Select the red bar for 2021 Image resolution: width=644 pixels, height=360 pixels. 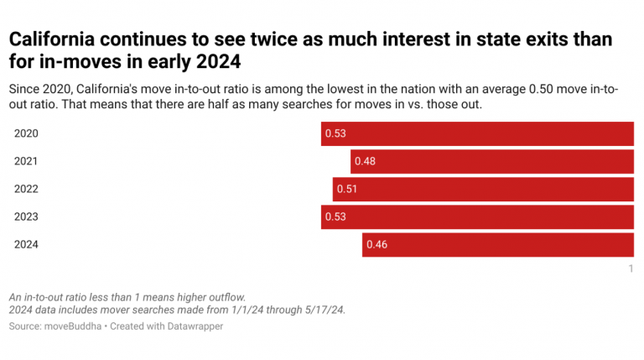(491, 161)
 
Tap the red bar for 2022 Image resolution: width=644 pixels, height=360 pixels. (482, 189)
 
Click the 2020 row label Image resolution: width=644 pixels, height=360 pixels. (27, 133)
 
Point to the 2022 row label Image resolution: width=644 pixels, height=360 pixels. (27, 189)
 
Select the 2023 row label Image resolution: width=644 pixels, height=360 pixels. (27, 217)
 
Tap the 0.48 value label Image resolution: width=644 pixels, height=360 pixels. (366, 161)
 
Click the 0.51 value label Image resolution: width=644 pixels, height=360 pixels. (347, 189)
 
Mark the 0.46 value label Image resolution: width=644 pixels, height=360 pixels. (377, 244)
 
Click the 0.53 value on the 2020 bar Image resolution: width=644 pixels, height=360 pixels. (335, 133)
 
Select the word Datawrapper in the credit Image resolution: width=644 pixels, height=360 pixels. (195, 326)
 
